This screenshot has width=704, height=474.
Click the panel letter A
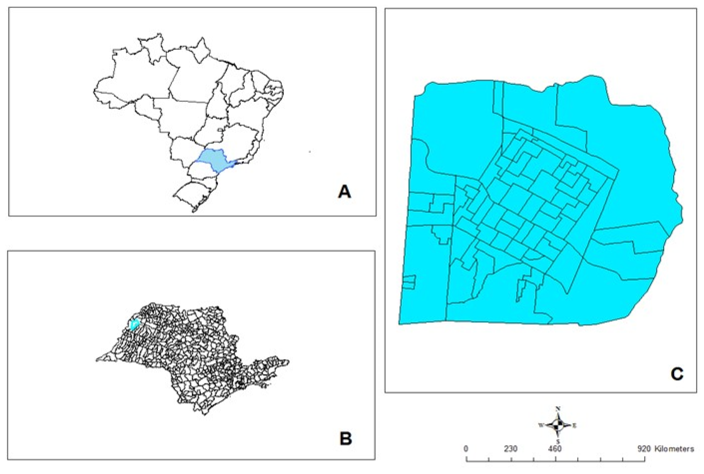(x=344, y=192)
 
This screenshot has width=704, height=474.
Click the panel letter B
(x=345, y=438)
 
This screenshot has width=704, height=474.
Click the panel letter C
(x=677, y=374)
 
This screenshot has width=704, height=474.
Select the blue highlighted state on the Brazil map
(x=212, y=159)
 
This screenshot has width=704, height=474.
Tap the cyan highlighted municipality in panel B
(x=134, y=324)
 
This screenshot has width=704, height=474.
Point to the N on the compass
(x=558, y=409)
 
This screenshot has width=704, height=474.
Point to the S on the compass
(x=558, y=442)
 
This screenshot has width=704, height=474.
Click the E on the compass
(x=574, y=426)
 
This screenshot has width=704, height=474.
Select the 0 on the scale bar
(x=466, y=449)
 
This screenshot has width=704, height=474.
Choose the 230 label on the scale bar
(x=511, y=449)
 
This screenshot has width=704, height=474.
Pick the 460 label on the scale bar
(x=555, y=449)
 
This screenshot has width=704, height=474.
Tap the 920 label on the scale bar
(x=644, y=449)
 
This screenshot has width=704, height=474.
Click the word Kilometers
(x=674, y=449)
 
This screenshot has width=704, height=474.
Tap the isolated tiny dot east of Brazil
(x=310, y=152)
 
